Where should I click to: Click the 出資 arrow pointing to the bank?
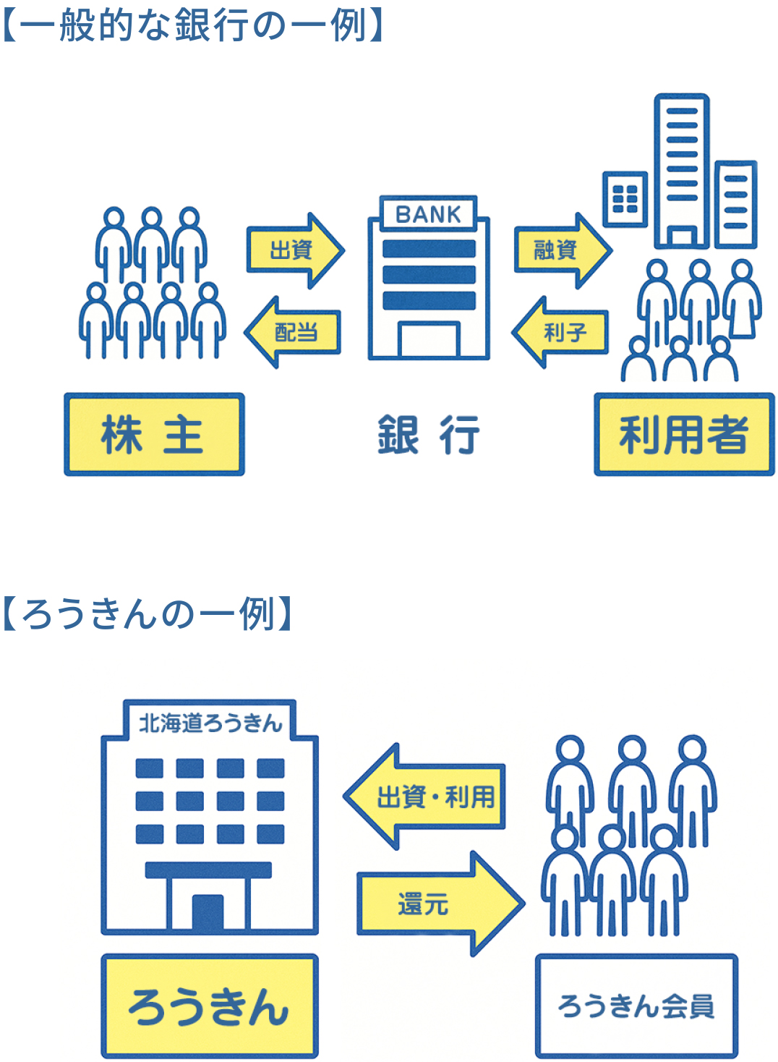[x=293, y=250]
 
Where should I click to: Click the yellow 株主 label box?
[x=154, y=435]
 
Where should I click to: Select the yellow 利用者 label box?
[x=683, y=435]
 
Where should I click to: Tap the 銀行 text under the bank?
[x=428, y=435]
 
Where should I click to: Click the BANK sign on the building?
[x=428, y=214]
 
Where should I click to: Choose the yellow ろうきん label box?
[x=210, y=1006]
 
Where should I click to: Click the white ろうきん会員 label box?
[x=636, y=1006]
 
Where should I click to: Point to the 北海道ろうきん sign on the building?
[x=210, y=722]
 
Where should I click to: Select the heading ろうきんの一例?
[x=148, y=613]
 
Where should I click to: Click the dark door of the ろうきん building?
[x=208, y=913]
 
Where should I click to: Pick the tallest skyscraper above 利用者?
[x=681, y=170]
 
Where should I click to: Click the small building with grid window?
[x=625, y=199]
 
